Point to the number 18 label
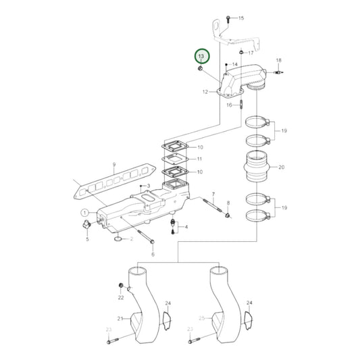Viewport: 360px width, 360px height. tap(278, 60)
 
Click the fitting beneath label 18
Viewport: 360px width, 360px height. tap(277, 71)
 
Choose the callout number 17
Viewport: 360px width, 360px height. tap(251, 53)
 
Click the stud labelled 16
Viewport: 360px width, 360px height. tap(240, 105)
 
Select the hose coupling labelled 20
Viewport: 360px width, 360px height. tap(257, 167)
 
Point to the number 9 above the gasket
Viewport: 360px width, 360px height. tap(115, 165)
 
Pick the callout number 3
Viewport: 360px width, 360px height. tap(147, 183)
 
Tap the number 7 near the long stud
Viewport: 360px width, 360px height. tap(213, 195)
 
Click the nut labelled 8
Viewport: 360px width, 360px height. tap(228, 215)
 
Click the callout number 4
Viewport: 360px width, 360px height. tap(187, 228)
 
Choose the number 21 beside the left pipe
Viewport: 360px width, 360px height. tap(119, 317)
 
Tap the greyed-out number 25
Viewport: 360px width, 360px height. tap(201, 317)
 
